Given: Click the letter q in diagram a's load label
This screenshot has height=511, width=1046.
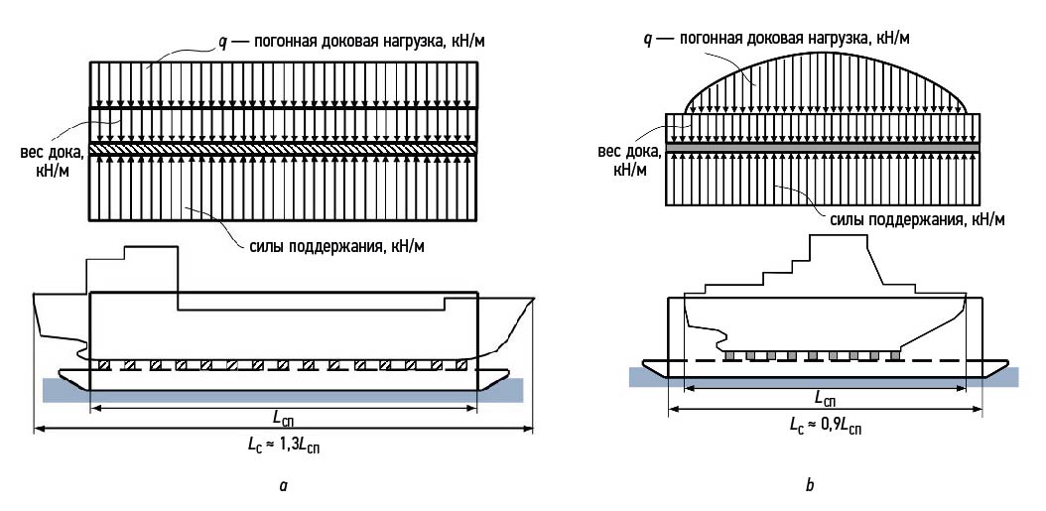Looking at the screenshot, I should tap(223, 42).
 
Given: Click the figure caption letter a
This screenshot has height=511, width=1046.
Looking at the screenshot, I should tap(284, 486).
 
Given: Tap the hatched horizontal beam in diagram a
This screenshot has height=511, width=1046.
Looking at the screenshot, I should tap(283, 148).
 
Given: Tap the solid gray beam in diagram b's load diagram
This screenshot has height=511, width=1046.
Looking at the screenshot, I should tap(823, 147).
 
